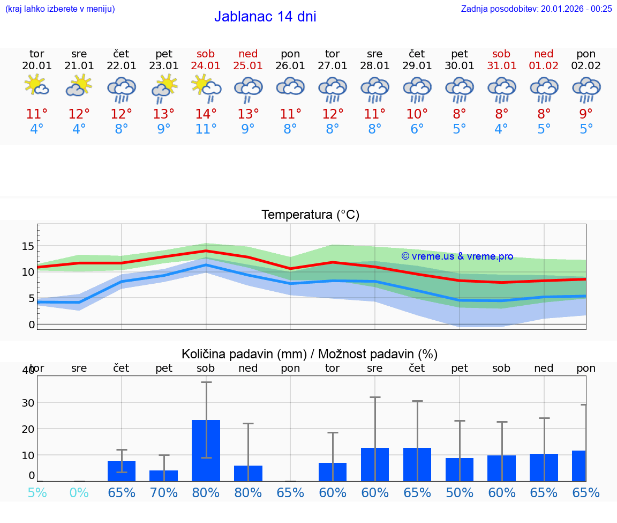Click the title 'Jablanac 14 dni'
[265, 17]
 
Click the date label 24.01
[206, 65]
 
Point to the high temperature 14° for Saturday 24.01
[206, 114]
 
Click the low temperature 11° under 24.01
[206, 129]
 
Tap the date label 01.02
[544, 65]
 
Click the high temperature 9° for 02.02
[586, 114]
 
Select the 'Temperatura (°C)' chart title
[310, 215]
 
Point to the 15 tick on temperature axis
[28, 246]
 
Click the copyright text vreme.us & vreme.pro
[457, 256]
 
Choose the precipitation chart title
[310, 354]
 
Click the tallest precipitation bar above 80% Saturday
[206, 451]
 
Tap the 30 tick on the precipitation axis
[28, 403]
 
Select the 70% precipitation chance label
[164, 492]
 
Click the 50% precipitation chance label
[460, 492]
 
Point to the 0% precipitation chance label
[79, 492]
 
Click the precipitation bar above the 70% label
[164, 476]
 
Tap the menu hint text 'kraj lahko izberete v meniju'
[60, 9]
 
